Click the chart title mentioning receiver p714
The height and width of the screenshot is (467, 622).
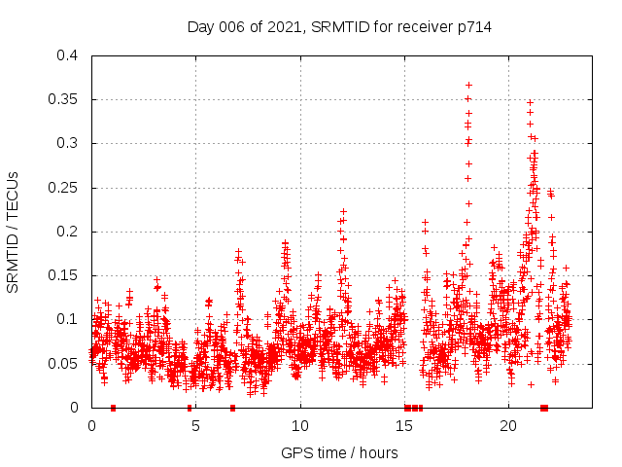pyautogui.click(x=339, y=27)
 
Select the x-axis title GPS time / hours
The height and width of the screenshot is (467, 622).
pyautogui.click(x=339, y=452)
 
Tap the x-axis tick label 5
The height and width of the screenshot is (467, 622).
pyautogui.click(x=196, y=426)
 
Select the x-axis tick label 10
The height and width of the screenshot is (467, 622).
pyautogui.click(x=300, y=426)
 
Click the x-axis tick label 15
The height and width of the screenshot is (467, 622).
pyautogui.click(x=405, y=426)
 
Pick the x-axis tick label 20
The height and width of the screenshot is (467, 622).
pyautogui.click(x=509, y=426)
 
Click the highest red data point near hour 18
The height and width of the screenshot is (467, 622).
pyautogui.click(x=468, y=85)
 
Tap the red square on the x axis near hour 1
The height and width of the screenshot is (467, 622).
pyautogui.click(x=114, y=408)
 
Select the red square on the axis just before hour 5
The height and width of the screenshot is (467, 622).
pyautogui.click(x=190, y=408)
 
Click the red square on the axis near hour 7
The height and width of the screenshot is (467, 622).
pyautogui.click(x=232, y=408)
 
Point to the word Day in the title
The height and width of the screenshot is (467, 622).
pyautogui.click(x=200, y=27)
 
